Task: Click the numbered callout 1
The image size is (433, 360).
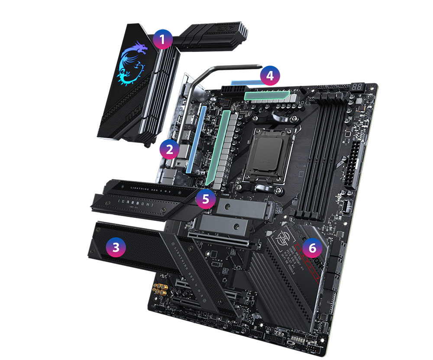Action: pyautogui.click(x=162, y=41)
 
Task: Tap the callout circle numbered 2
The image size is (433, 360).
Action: pyautogui.click(x=169, y=149)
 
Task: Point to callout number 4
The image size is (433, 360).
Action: pyautogui.click(x=270, y=76)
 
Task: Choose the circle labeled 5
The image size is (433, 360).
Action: pyautogui.click(x=206, y=199)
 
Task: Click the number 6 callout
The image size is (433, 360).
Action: pyautogui.click(x=312, y=247)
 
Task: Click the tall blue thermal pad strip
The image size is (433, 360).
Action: pyautogui.click(x=196, y=139)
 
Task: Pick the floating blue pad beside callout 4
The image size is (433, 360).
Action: pyautogui.click(x=242, y=79)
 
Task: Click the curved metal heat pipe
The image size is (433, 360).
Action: pyautogui.click(x=216, y=71)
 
